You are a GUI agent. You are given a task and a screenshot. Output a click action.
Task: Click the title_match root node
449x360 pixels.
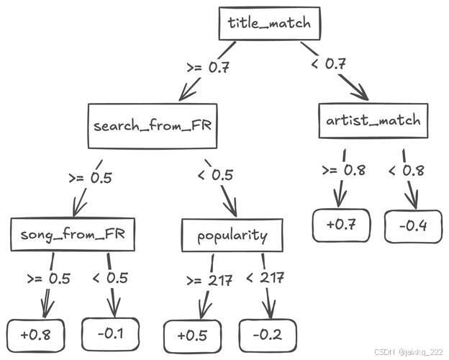pyautogui.click(x=269, y=23)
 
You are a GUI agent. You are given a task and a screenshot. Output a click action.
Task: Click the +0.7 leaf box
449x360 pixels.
pyautogui.click(x=342, y=225)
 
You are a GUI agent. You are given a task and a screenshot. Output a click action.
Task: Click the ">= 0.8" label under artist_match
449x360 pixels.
pyautogui.click(x=343, y=171)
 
